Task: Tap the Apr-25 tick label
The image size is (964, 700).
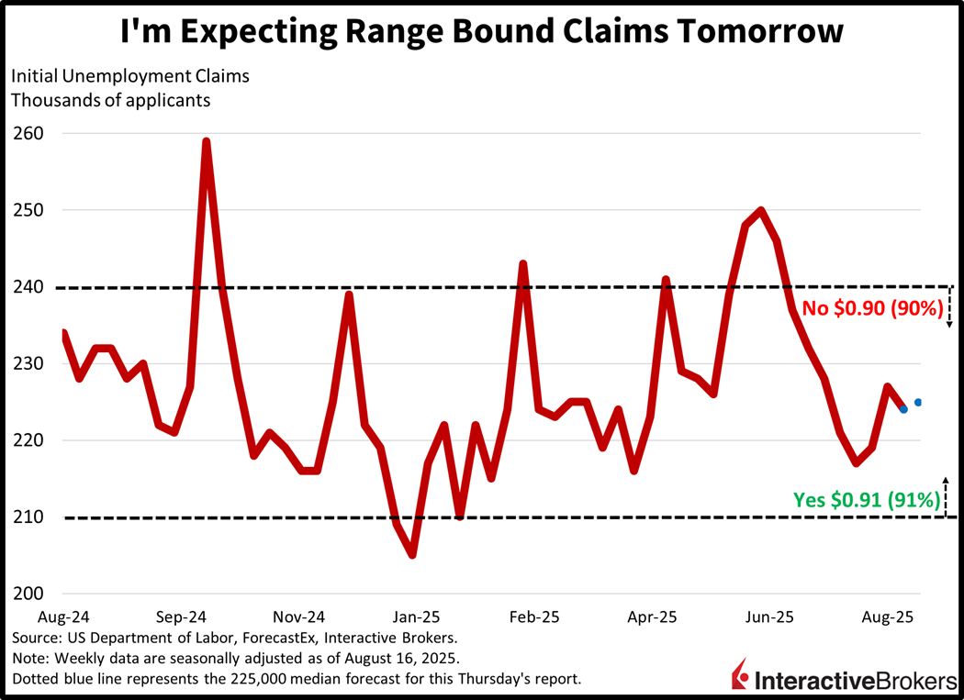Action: point(652,617)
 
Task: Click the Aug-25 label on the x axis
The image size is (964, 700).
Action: point(886,617)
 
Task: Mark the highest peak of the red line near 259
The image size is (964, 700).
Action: point(207,141)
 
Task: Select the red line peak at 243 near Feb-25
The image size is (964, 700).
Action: point(523,264)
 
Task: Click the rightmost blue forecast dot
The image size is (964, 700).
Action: point(918,402)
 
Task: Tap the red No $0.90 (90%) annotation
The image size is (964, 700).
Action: point(872,309)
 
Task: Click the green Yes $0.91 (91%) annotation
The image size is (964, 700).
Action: point(867,501)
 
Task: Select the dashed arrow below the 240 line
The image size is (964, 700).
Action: point(950,307)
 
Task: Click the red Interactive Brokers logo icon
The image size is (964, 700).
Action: point(740,675)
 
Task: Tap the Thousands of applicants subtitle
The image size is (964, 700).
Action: point(110,100)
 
